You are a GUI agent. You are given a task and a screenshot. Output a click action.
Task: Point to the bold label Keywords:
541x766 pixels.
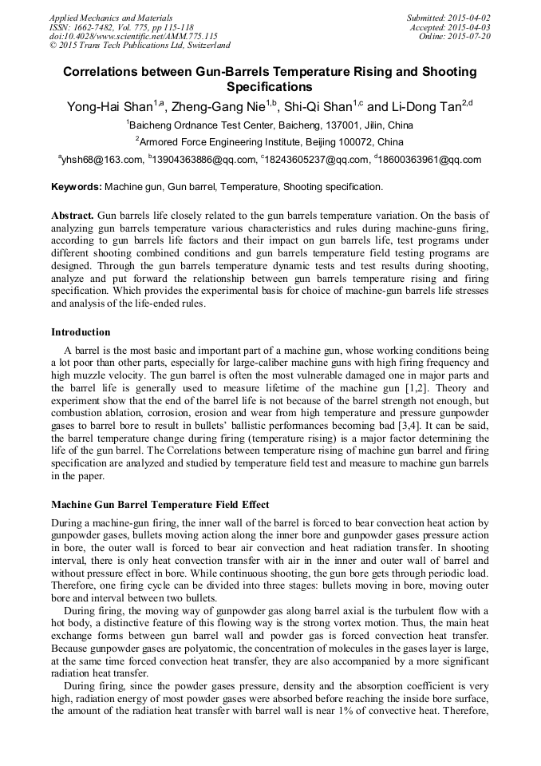click(77, 187)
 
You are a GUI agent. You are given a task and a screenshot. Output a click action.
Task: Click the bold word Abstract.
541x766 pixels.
click(73, 216)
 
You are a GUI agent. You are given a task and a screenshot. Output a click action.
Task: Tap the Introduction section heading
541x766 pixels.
click(81, 331)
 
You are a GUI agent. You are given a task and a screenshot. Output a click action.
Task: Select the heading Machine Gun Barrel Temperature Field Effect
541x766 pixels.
click(160, 504)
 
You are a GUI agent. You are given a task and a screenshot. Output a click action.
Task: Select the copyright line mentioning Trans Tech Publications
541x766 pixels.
click(140, 46)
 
